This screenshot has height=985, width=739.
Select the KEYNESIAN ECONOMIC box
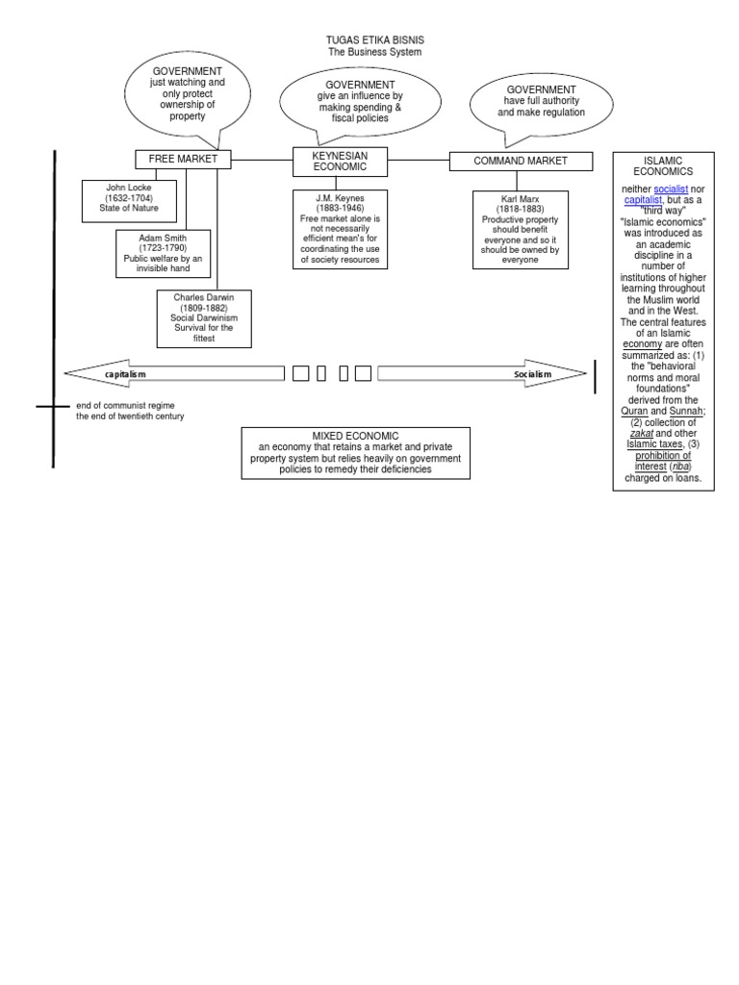[x=340, y=161]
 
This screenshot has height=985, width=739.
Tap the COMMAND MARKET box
[x=521, y=161]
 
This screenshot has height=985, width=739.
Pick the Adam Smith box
[x=163, y=253]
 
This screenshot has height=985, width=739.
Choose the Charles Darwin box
[x=203, y=317]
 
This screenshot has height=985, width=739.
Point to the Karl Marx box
[x=520, y=229]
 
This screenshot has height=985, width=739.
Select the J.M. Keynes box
[x=340, y=228]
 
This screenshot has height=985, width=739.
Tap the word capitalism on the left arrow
[x=126, y=373]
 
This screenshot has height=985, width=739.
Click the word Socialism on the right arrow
[x=532, y=373]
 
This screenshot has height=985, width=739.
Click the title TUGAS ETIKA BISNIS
[x=374, y=39]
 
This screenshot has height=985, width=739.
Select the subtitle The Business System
[x=374, y=52]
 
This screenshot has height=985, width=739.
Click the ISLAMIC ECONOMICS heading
[x=663, y=164]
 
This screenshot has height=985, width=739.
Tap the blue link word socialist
[x=670, y=189]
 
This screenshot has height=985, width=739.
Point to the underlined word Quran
[x=634, y=411]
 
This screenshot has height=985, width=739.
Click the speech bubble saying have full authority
[x=541, y=101]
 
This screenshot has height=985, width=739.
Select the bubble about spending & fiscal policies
[x=359, y=102]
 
